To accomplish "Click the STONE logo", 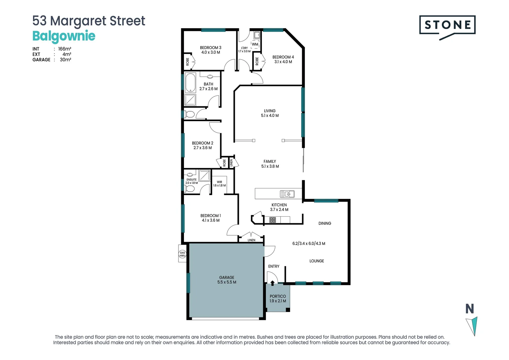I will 447,25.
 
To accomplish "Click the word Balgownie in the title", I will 64,36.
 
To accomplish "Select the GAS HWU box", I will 183,254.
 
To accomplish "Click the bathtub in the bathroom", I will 191,82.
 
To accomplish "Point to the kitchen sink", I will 287,194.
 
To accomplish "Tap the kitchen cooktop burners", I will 272,220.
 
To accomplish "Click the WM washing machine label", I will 255,44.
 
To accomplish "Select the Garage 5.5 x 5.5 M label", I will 227,280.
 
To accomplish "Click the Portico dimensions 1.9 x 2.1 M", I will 277,301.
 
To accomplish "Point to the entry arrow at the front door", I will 272,283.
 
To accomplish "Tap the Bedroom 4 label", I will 283,57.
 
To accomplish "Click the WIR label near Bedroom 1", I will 219,182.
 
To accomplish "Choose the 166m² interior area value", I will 65,49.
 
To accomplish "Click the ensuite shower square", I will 204,175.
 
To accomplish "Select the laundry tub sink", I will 256,35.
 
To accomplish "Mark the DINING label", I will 324,223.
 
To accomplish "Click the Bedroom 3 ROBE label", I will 188,62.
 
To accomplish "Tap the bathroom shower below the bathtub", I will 190,100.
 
